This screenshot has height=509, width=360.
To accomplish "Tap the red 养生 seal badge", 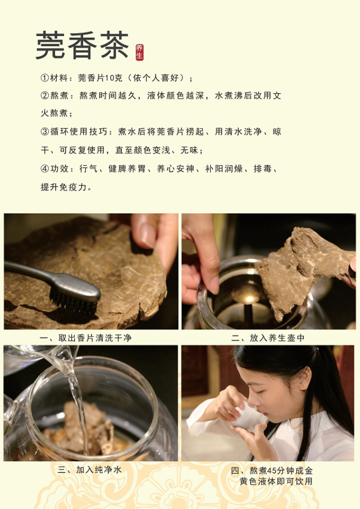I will [x=139, y=52].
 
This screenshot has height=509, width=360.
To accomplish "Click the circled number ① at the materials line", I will [x=45, y=78].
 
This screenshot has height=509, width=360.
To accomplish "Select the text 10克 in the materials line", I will [x=113, y=78].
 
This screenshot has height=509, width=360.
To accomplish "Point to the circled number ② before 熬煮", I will [x=45, y=96].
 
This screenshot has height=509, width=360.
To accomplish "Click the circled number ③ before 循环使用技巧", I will [x=45, y=132].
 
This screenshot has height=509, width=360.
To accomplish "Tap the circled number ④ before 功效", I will [x=45, y=169].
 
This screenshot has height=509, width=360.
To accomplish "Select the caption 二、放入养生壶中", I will [x=268, y=338].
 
